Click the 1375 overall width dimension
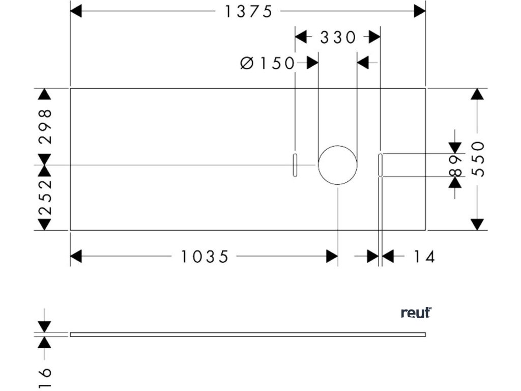click(x=249, y=11)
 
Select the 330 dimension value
click(x=338, y=37)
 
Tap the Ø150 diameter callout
click(x=268, y=63)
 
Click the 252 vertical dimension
click(x=45, y=196)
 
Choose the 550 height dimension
click(x=478, y=159)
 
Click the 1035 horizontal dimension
click(x=205, y=257)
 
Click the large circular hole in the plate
click(x=337, y=165)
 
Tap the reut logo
click(x=416, y=313)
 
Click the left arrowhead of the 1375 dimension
click(x=76, y=11)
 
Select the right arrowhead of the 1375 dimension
click(x=420, y=11)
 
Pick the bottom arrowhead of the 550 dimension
click(x=477, y=225)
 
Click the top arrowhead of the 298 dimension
click(x=45, y=94)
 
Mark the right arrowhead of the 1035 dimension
click(x=332, y=257)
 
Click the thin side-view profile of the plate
click(x=247, y=334)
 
